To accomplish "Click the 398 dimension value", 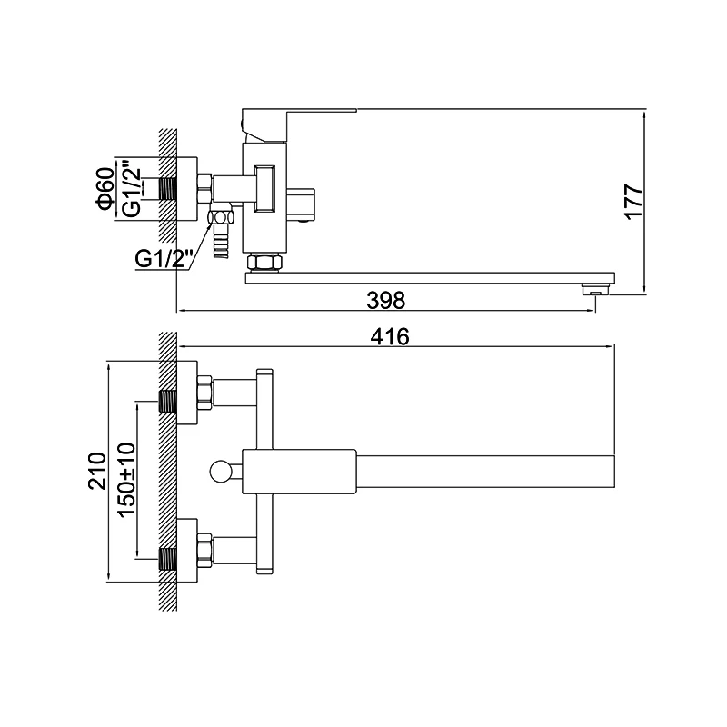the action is [385, 300].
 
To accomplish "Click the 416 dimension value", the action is [390, 336].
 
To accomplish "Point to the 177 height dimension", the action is [633, 201].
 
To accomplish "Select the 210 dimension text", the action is [97, 471].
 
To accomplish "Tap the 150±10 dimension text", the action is [126, 480].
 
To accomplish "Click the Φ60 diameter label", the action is [105, 188].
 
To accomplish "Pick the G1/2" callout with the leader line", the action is [164, 259].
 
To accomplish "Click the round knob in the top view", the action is [220, 472].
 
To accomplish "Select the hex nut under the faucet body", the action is [264, 262].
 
